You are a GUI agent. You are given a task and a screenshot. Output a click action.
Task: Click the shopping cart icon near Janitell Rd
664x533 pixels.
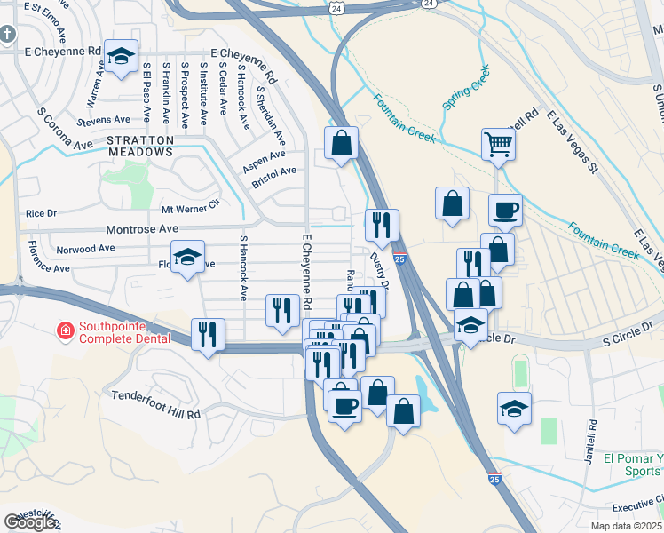[x=499, y=142]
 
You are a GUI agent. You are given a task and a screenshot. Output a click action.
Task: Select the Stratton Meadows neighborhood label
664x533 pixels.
[x=139, y=146]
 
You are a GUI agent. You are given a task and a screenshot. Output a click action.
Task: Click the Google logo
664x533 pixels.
[x=29, y=521]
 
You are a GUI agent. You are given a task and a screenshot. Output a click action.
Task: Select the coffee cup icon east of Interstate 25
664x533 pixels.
[x=505, y=210]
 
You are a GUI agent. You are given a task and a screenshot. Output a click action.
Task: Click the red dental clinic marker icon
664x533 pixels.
[x=65, y=332]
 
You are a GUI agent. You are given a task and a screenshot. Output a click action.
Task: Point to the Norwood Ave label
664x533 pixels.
[x=85, y=249]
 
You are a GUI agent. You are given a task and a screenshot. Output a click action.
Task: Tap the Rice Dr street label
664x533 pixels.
[x=41, y=213]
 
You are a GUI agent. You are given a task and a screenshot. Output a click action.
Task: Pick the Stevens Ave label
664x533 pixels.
[x=103, y=120]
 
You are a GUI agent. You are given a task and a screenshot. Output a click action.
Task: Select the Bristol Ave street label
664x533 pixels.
[x=273, y=171]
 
